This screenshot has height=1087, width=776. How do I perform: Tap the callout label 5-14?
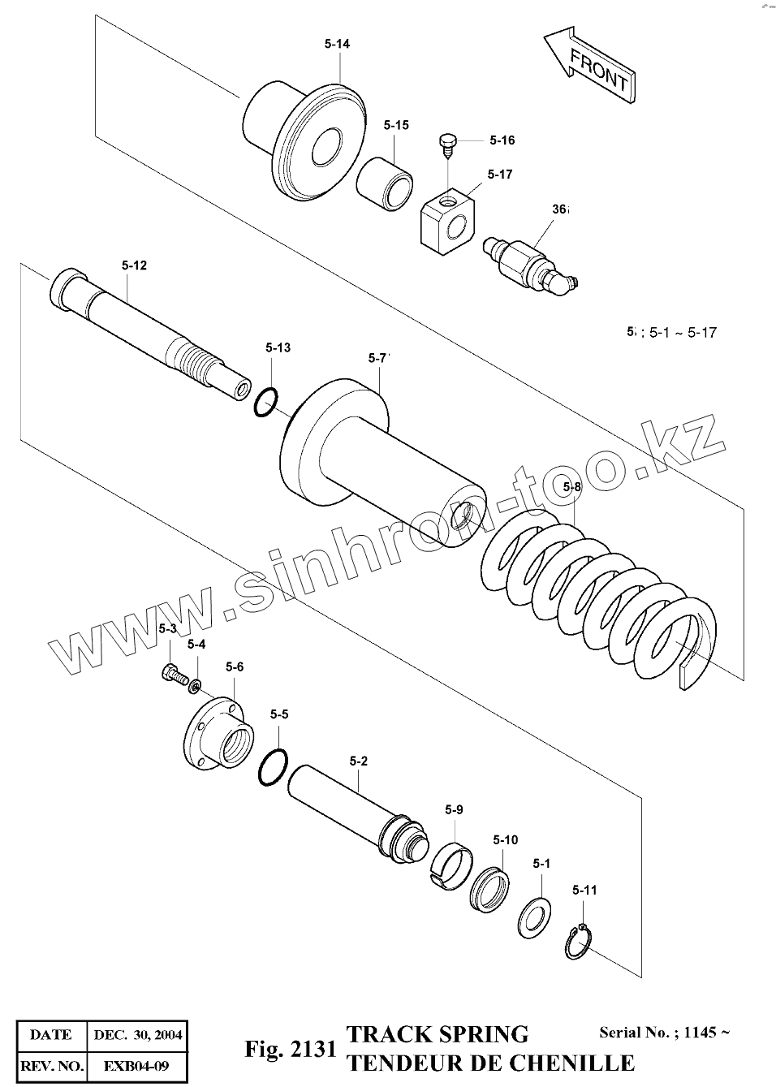(336, 44)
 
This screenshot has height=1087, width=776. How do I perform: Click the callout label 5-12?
(135, 265)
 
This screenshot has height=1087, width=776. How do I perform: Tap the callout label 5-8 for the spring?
(572, 487)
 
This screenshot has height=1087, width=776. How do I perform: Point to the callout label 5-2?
(358, 761)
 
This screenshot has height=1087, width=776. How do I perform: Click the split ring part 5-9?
(451, 860)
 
